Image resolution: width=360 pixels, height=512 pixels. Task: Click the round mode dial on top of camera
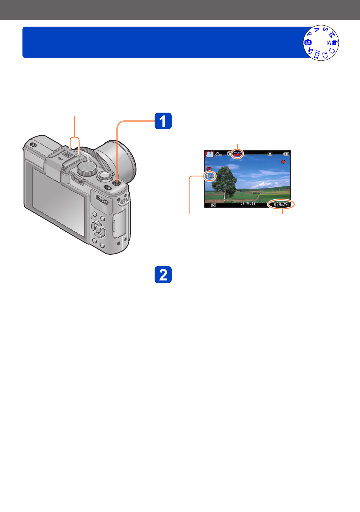pos(87,169)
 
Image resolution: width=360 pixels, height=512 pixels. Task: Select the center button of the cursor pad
pos(99,230)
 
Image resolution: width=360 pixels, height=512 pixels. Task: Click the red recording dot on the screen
pos(283,162)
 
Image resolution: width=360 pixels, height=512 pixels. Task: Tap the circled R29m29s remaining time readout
pos(281,204)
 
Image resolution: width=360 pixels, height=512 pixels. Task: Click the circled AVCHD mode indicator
pos(238,154)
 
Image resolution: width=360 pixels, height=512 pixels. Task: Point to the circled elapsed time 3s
pos(210,176)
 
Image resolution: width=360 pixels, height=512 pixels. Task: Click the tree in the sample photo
pos(226,179)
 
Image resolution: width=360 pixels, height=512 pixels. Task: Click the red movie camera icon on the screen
pos(209,168)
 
